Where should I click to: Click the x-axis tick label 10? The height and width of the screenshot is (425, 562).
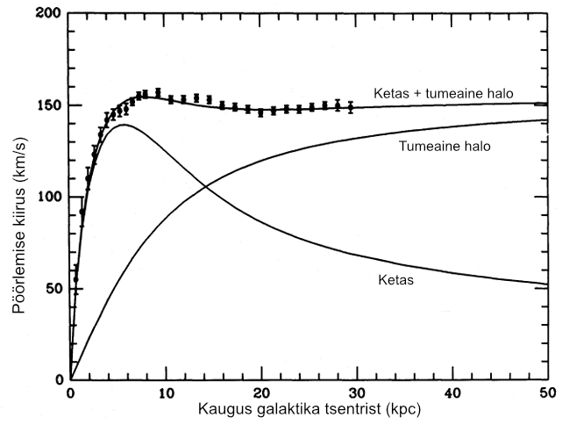click(x=166, y=392)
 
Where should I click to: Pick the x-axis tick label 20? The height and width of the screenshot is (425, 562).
click(x=261, y=392)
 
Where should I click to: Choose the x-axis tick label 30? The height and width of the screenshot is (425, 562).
click(x=357, y=392)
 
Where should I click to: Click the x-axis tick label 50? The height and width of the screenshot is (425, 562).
click(x=545, y=392)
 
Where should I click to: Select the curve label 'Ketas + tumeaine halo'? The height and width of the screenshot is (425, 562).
click(x=443, y=93)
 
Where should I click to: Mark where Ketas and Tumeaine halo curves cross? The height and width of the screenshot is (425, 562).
click(x=205, y=185)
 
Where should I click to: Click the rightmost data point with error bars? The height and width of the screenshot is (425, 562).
click(x=351, y=108)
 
